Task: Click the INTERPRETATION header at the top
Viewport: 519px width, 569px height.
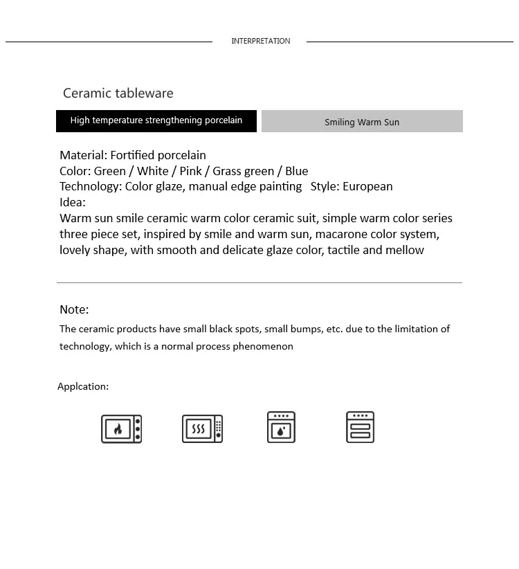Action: [260, 41]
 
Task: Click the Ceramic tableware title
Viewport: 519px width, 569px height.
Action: [118, 93]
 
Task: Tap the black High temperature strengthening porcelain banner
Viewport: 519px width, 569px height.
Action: [156, 120]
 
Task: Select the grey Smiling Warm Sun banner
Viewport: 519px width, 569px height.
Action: [362, 122]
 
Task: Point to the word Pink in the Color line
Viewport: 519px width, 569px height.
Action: [190, 171]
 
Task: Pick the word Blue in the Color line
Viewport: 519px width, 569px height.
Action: [296, 171]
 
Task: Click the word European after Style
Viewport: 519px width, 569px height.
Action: [367, 186]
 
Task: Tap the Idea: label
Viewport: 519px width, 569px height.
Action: [73, 202]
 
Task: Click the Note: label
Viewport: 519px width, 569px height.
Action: [74, 309]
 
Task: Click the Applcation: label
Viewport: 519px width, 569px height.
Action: [83, 386]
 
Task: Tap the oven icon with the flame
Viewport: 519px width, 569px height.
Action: [121, 429]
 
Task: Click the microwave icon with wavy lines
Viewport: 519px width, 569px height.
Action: [202, 429]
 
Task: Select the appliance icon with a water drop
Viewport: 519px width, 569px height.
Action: [281, 427]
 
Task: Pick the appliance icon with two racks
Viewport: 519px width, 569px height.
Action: [360, 427]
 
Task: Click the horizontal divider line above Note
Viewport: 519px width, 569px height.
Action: [259, 282]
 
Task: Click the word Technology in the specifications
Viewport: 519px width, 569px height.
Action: [90, 186]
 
